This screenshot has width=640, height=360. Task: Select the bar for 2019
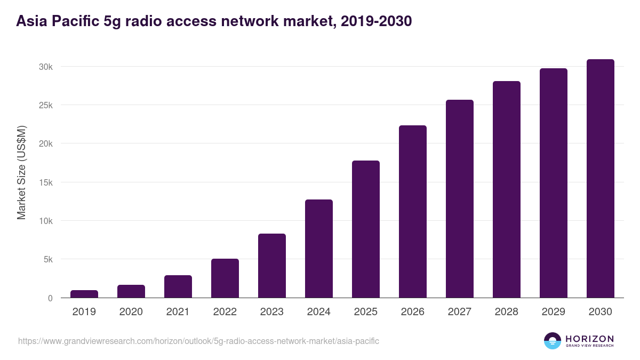tap(84, 294)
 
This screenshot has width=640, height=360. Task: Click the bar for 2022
tap(225, 278)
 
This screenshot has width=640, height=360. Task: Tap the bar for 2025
tap(366, 229)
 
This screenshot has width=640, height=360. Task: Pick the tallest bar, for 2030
tap(601, 179)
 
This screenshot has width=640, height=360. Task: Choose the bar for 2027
tap(460, 199)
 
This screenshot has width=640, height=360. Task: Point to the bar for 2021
tap(178, 286)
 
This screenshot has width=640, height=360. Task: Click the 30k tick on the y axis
tap(45, 67)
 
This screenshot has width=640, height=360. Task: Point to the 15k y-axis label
tap(45, 182)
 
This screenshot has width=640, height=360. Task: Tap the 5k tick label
tap(47, 260)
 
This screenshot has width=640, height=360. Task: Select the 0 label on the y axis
tap(50, 298)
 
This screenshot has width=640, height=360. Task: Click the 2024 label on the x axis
tap(319, 312)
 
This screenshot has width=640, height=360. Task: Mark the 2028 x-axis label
tap(507, 312)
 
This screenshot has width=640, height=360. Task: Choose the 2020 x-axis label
tap(131, 312)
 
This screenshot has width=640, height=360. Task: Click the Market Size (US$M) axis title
tap(21, 172)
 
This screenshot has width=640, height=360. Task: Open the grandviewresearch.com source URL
tap(198, 341)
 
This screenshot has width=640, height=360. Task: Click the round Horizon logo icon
tap(553, 341)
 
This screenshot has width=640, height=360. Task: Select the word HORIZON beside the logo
tap(589, 339)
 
